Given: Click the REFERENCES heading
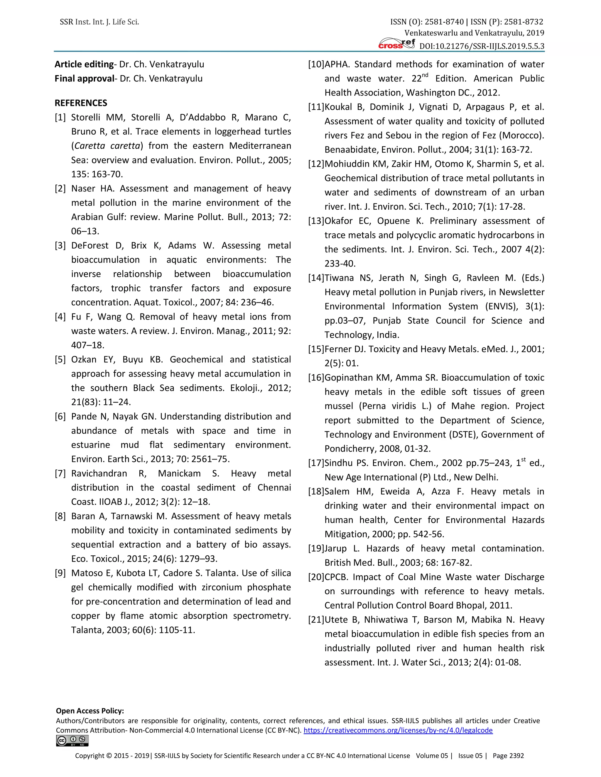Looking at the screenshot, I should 81,103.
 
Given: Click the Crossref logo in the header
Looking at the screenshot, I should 397,44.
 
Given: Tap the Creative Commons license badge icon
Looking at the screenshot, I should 72,741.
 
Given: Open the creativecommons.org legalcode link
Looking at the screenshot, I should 398,730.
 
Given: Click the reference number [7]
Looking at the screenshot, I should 60,474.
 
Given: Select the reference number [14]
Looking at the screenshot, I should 316,278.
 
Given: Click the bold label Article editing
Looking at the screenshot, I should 84,65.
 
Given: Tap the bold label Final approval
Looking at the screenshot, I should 84,79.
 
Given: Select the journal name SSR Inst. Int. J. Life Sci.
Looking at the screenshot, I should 99,22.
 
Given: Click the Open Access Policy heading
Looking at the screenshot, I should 90,711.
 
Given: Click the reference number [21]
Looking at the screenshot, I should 316,620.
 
